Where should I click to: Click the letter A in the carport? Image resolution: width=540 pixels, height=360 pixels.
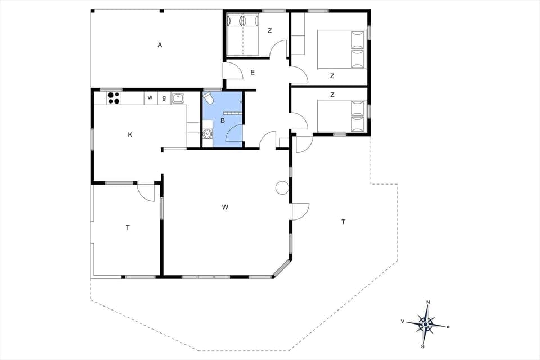point(160,45)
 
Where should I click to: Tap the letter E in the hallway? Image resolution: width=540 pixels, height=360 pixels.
point(253,72)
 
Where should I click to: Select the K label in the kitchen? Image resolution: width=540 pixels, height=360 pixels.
point(130,135)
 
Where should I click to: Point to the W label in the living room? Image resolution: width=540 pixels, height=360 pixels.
point(225,207)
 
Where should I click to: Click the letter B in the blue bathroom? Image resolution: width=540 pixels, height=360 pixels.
point(223,120)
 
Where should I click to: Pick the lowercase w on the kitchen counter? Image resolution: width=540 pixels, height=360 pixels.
point(150,98)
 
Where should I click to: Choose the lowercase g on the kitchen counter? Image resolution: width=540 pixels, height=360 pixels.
point(164,98)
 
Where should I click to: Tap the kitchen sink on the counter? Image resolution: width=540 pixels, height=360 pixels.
point(178,98)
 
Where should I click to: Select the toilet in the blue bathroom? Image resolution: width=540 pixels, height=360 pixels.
point(209,99)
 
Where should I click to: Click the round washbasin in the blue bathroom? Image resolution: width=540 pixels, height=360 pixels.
point(208,134)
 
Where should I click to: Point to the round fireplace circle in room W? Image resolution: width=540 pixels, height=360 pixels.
point(282,188)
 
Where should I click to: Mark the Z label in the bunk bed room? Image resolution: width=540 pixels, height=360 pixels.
point(269,30)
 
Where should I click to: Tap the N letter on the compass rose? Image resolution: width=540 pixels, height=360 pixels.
point(428,303)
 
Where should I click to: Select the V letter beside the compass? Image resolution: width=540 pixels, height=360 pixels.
point(403,321)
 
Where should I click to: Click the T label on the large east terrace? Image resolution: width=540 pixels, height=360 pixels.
point(343,222)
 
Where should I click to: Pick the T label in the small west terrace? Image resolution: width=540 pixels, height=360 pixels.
point(128,227)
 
